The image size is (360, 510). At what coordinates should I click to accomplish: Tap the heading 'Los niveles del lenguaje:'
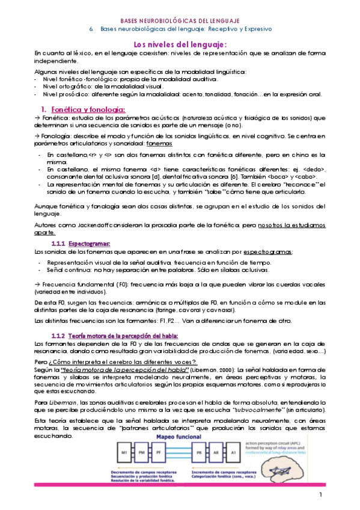pyautogui.click(x=180, y=45)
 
